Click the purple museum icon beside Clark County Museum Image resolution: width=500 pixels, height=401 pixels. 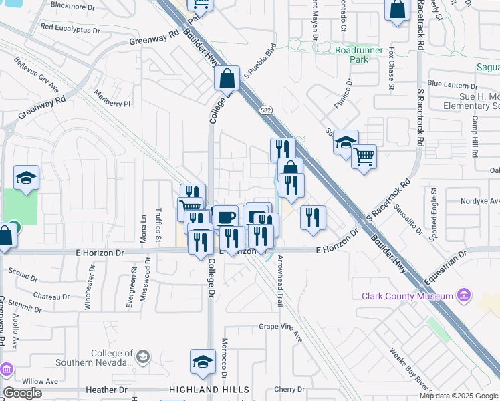(x=462, y=296)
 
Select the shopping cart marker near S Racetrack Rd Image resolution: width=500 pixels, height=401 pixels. (x=364, y=157)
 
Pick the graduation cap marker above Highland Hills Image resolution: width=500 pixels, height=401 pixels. (x=203, y=361)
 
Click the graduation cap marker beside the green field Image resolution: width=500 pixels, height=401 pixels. (x=26, y=178)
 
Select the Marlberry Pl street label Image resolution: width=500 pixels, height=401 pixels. (x=112, y=98)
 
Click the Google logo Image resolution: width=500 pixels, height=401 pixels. (x=23, y=393)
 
